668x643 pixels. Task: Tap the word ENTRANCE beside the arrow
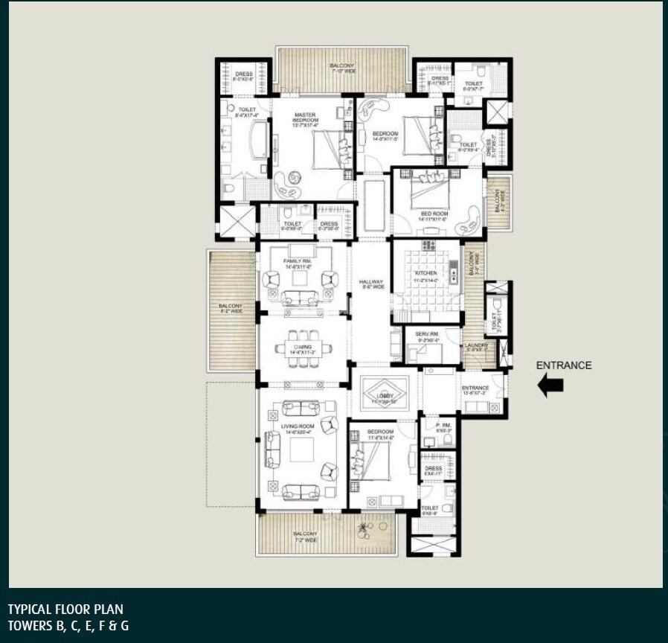click(x=564, y=365)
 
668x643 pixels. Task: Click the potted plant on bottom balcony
click(x=363, y=529)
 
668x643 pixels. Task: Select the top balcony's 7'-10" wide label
click(x=342, y=68)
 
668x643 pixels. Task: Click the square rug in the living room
click(x=301, y=450)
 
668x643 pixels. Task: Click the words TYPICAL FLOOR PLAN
click(x=65, y=610)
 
